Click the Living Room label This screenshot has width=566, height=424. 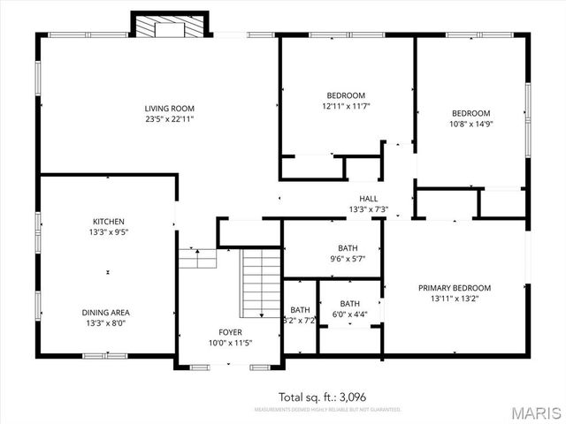click(169, 108)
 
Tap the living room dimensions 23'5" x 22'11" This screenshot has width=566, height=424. click(169, 118)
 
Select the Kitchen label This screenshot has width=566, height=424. click(109, 221)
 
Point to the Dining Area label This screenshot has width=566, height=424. click(109, 313)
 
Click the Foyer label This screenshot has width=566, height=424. click(230, 333)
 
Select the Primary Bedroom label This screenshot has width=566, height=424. click(455, 288)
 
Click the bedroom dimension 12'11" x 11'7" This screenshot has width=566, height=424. click(345, 106)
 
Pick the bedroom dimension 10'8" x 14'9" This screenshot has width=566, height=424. click(470, 124)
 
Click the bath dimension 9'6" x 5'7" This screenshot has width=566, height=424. click(348, 259)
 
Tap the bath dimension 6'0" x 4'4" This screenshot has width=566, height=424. click(349, 314)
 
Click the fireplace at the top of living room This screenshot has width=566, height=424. click(170, 26)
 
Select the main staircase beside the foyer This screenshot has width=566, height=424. click(261, 283)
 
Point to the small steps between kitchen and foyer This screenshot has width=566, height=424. click(197, 257)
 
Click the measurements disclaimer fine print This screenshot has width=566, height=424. click(327, 410)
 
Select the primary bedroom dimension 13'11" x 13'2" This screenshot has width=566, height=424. click(455, 299)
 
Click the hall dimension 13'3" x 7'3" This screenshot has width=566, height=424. click(368, 209)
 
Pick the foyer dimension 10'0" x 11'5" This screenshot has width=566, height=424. click(230, 343)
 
